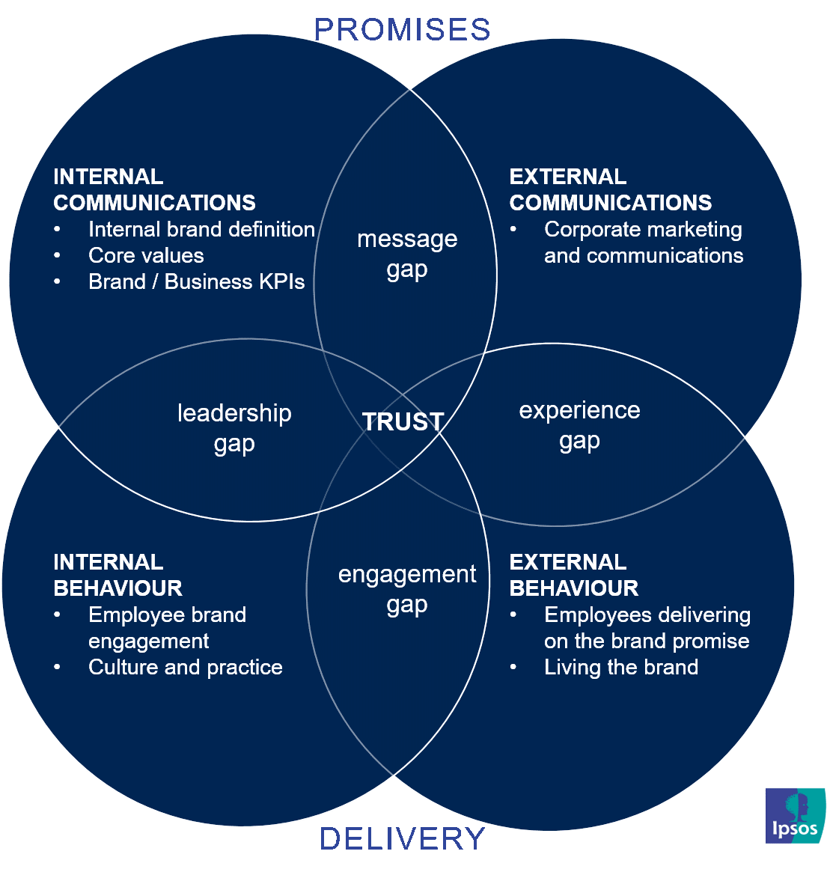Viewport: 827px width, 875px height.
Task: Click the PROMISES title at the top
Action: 403,30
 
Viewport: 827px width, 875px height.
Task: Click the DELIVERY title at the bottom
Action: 403,839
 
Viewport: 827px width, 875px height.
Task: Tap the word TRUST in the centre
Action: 403,422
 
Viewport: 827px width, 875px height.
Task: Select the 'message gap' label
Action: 407,254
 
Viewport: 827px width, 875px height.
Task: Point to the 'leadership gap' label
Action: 234,428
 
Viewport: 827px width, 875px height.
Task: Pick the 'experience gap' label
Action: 580,425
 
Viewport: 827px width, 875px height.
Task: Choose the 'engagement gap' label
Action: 407,589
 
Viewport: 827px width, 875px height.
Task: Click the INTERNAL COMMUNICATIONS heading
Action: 154,190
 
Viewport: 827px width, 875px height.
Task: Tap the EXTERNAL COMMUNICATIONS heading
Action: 610,190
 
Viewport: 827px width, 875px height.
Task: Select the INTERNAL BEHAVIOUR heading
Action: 118,575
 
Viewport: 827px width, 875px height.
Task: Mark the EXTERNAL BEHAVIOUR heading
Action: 573,575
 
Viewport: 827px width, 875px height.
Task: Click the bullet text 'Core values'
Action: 146,256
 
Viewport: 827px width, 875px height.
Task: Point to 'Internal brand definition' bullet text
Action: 201,230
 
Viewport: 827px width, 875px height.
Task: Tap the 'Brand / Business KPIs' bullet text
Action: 197,282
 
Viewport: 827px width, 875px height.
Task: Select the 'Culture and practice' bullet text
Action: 186,668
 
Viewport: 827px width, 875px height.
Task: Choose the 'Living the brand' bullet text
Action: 621,668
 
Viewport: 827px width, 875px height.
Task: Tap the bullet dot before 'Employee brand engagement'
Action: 58,615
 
